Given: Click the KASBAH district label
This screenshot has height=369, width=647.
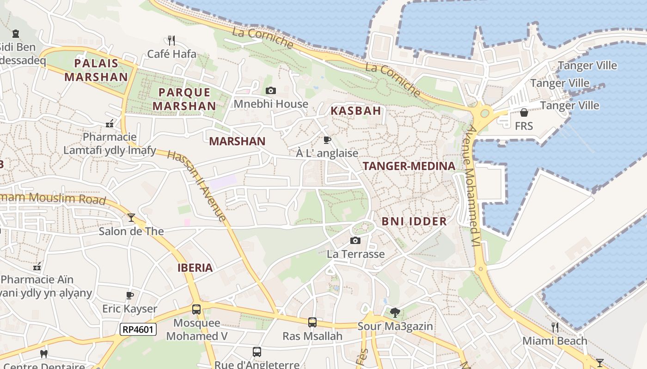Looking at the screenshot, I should pos(355,111).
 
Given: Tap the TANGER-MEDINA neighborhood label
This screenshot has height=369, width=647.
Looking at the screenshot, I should pos(409,166).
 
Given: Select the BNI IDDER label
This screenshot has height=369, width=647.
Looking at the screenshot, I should pos(414,221).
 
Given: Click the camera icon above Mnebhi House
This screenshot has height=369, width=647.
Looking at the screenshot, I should pos(271,90).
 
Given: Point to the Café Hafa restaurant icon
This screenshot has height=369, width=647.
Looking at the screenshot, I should pos(171,41).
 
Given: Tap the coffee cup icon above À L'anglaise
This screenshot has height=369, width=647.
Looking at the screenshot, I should pos(327,140).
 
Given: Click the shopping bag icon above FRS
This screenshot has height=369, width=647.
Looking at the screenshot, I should pos(524,113).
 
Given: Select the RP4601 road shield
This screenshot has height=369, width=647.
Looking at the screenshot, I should pos(138,329).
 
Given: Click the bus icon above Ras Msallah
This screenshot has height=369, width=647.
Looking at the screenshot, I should pos(312,322).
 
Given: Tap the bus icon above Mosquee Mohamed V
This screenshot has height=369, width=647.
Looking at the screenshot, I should pos(196,309).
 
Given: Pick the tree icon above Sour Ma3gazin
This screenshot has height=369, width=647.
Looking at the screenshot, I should pos(395,313).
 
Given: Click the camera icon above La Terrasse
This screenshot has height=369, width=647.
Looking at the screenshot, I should pos(355,240).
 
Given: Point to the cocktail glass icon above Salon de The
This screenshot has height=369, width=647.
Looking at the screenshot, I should pos(131,217).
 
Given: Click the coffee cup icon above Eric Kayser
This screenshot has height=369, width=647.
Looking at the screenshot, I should pos(130,295).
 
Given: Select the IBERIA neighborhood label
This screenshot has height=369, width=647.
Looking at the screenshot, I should pos(195,268).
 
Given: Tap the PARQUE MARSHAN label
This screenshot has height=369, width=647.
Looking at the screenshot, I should pos(184,99).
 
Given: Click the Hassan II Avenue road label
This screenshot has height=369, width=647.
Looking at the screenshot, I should pos(197,185).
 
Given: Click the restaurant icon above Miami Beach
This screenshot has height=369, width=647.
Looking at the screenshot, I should pos(555,327).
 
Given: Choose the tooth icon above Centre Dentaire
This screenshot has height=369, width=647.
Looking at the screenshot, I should pos(44,354).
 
